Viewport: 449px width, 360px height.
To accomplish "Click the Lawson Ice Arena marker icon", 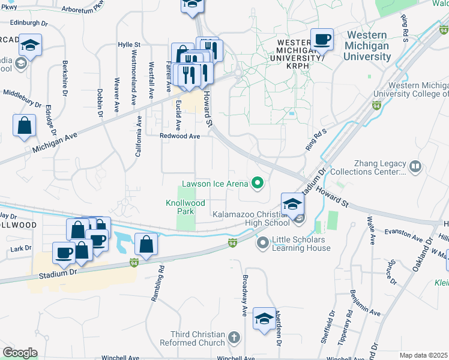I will [259, 183].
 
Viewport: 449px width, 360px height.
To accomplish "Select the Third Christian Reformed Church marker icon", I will [234, 338].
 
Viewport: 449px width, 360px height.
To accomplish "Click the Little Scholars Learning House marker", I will [262, 244].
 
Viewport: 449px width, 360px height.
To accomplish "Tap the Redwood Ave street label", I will [179, 136].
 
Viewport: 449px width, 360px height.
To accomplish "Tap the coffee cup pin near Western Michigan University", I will [322, 40].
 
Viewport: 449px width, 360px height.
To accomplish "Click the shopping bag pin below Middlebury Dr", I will [24, 125].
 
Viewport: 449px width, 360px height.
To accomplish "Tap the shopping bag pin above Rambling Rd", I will [146, 244].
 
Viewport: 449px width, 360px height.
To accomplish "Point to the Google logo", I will [20, 353].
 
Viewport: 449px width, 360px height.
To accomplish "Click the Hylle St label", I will [129, 44].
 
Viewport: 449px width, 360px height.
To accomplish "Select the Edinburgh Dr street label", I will [28, 22].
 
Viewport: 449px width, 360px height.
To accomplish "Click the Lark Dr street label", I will [20, 248].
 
